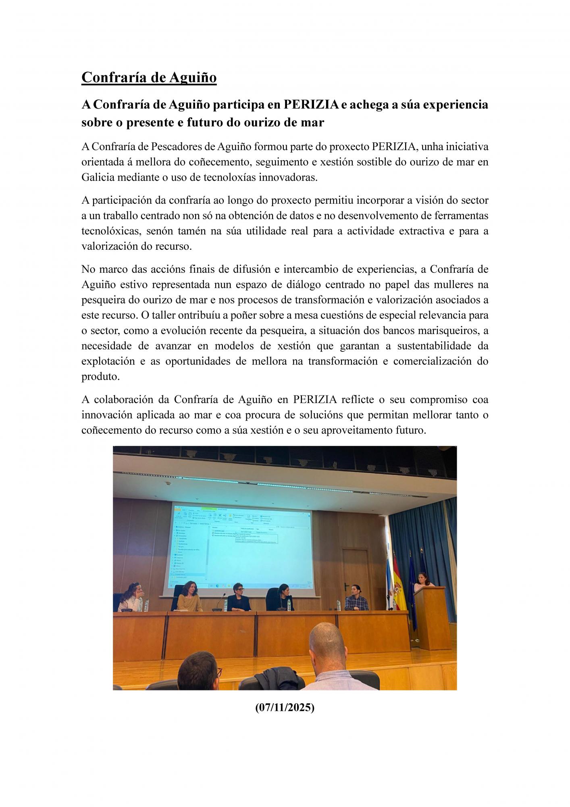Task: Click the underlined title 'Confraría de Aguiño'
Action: [149, 77]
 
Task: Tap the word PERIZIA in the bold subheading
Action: [311, 105]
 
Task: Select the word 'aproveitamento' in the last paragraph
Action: [350, 430]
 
